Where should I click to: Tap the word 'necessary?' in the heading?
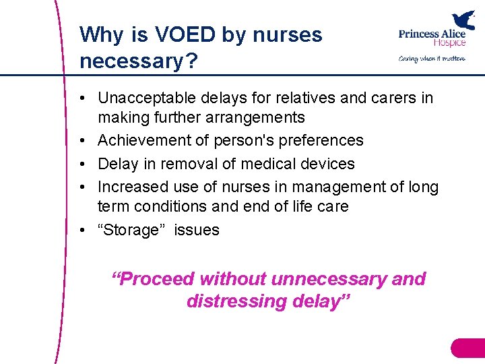coord(138,61)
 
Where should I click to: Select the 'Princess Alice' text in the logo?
coord(431,34)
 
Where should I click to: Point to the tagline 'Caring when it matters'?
coord(432,59)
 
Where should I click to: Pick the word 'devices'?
coord(327,163)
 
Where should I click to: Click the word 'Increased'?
coord(131,187)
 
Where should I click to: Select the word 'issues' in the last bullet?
coord(197,230)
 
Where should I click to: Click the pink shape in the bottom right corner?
coord(469,348)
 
